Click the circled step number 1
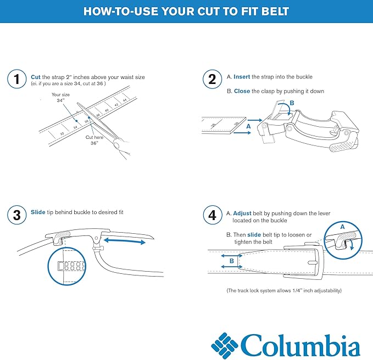pos(17,80)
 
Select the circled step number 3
pos(17,215)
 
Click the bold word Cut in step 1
pos(36,77)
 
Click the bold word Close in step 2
pos(242,91)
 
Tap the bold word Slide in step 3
pos(38,212)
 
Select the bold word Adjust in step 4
pos(242,212)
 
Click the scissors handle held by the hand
pos(116,145)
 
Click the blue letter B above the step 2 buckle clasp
pos(292,103)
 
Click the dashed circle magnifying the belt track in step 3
pos(68,267)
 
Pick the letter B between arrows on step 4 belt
pos(231,262)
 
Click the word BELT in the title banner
pos(272,12)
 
